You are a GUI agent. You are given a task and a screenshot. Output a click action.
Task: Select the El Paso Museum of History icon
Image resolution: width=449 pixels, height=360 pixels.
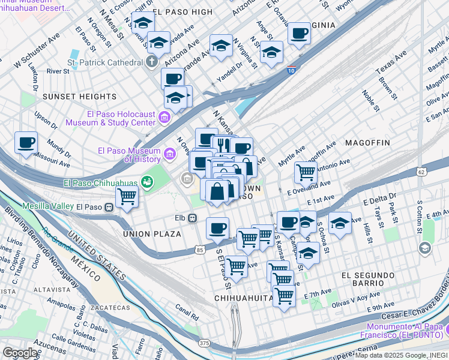pos(170,155)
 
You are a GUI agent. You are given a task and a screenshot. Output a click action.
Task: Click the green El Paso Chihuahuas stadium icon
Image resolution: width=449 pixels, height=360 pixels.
pos(146,181)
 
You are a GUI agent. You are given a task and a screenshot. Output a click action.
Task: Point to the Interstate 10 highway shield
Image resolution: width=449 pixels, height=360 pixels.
pos(291,70)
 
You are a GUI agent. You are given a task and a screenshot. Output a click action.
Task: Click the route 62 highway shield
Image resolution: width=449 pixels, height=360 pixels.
pos(422,172)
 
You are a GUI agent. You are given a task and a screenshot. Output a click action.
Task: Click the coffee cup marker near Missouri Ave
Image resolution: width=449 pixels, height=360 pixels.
pos(26,143)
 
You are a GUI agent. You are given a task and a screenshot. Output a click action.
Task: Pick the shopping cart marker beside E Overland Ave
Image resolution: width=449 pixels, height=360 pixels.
pos(306,173)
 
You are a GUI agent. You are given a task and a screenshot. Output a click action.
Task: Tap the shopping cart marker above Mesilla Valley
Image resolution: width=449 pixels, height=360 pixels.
pos(127,196)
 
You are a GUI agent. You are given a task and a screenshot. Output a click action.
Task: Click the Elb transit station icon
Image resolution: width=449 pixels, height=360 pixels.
pos(193,218)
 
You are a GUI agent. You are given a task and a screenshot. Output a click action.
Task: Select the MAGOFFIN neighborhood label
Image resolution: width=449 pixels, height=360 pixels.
pos(367,143)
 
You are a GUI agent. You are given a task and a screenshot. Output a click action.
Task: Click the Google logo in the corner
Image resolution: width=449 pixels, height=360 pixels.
pos(20,352)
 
